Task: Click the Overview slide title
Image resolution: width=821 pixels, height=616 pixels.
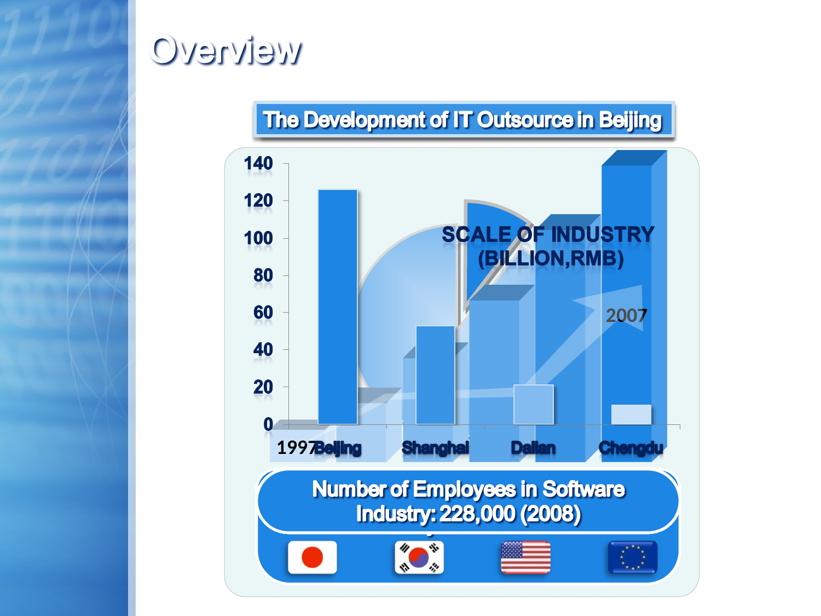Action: (225, 50)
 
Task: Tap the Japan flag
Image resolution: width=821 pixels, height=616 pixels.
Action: (313, 557)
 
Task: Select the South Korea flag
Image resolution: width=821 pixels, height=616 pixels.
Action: (419, 557)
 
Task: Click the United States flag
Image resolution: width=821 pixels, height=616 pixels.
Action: (525, 557)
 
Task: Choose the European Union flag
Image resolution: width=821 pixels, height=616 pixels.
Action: (633, 557)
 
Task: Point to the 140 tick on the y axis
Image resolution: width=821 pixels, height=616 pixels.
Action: (258, 163)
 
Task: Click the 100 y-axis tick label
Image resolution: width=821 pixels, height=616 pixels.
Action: (258, 238)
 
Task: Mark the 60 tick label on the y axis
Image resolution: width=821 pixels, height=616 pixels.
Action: (263, 312)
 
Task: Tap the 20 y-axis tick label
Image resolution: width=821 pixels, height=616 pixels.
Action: (263, 387)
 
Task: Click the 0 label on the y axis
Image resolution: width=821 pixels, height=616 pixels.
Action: (268, 424)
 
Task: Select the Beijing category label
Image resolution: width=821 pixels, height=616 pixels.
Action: (338, 448)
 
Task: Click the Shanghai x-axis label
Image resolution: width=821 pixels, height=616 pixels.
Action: (435, 448)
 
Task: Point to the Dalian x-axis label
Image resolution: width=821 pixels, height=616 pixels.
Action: (533, 448)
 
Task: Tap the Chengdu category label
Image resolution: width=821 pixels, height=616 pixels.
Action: (631, 448)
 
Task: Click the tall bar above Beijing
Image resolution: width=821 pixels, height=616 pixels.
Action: (338, 307)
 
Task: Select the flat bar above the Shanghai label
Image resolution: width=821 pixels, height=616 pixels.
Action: (435, 375)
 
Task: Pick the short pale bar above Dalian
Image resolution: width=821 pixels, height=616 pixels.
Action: (533, 404)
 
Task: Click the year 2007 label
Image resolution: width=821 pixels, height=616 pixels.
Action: (626, 316)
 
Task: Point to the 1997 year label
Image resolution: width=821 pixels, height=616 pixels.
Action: (296, 448)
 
